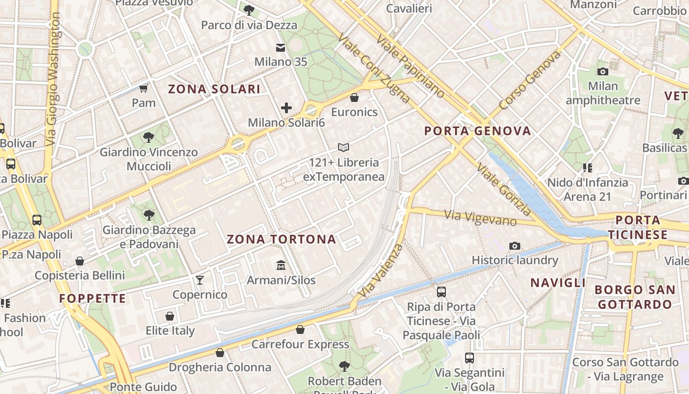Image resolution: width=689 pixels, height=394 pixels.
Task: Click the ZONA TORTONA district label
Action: [x=282, y=239]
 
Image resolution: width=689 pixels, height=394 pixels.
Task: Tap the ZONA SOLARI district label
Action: [x=214, y=89]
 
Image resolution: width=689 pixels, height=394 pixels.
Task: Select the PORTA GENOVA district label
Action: [x=477, y=131]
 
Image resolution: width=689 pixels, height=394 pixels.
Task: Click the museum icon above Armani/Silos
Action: [x=281, y=265]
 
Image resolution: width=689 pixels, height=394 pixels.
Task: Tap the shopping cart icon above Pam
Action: [x=144, y=88]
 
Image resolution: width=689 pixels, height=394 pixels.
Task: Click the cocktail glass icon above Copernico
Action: [x=199, y=280]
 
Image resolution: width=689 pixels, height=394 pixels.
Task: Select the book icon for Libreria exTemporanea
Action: [x=344, y=147]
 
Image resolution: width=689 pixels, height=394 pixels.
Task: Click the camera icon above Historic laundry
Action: [x=515, y=246]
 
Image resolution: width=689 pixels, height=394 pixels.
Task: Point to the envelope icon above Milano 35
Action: [x=281, y=47]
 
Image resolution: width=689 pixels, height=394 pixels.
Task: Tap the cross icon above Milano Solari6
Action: [x=286, y=108]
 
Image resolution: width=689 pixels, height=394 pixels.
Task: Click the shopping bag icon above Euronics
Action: [x=354, y=98]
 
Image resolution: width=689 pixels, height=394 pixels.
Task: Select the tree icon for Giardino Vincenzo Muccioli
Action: [x=149, y=137]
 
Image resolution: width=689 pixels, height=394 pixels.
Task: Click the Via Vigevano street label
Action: [x=480, y=217]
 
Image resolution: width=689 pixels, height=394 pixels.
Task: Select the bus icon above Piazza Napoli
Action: [x=37, y=220]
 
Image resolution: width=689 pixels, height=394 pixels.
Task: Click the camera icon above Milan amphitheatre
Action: [x=603, y=71]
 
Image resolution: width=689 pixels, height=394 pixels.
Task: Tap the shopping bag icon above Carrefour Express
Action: [x=300, y=329]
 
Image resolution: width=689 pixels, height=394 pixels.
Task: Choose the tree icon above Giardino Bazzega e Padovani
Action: [x=149, y=215]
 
